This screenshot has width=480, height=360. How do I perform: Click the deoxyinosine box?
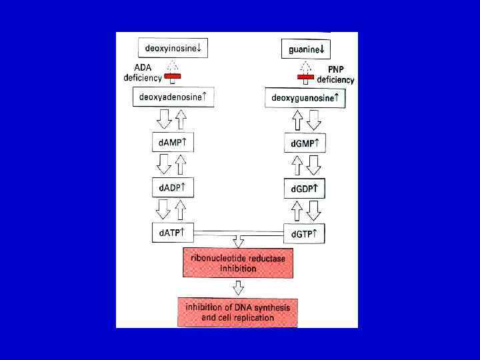click(x=173, y=48)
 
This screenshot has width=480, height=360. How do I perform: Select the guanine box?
click(x=306, y=49)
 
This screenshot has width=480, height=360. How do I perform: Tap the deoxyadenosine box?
click(x=173, y=97)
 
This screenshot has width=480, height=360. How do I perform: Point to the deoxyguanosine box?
click(x=306, y=99)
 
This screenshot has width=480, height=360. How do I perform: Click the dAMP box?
click(x=173, y=143)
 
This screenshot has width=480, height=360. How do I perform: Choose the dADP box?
click(x=173, y=188)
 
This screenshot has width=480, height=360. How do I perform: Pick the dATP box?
click(x=173, y=233)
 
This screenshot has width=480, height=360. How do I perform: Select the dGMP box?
click(x=305, y=143)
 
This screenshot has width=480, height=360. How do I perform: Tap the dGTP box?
click(x=305, y=234)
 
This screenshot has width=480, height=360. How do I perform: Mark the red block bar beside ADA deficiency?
click(x=173, y=77)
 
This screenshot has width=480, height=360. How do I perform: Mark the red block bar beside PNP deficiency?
click(x=307, y=79)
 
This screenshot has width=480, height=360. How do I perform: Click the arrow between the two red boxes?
click(x=238, y=287)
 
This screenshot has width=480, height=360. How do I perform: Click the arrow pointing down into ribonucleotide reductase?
click(x=238, y=241)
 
